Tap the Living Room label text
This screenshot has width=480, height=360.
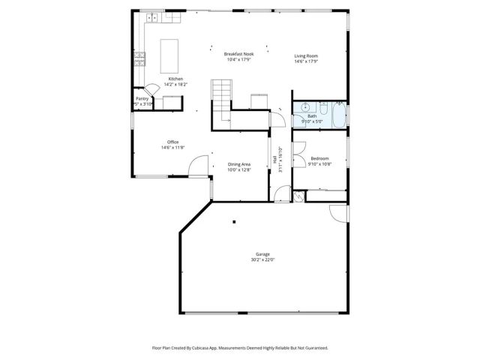(x=306, y=56)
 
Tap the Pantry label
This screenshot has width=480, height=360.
(x=142, y=98)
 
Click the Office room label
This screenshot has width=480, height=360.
(x=172, y=142)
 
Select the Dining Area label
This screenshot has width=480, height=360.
(x=239, y=164)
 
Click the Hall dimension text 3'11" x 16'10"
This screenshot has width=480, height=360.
(x=280, y=159)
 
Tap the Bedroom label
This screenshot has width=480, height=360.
(x=319, y=158)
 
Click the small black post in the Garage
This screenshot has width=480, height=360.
(x=233, y=221)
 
